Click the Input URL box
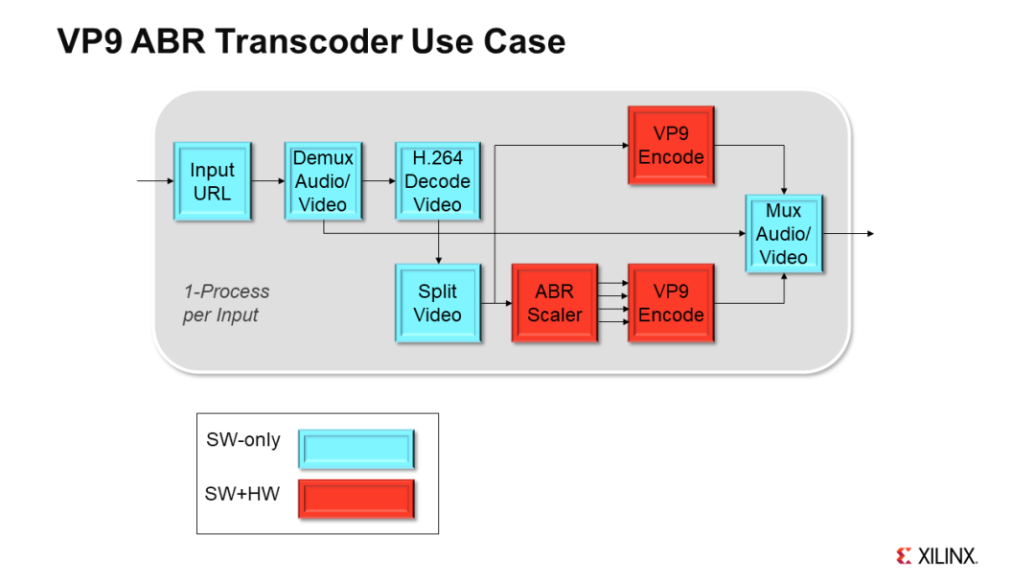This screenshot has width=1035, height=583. point(212,181)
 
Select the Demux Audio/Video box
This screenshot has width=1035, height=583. point(323,181)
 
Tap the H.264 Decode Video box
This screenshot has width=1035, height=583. point(437,181)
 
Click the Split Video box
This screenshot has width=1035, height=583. point(437,303)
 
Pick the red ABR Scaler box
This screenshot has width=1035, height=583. point(554,303)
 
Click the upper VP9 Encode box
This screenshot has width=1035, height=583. point(671,145)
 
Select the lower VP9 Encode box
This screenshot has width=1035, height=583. point(671,303)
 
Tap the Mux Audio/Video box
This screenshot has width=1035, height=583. point(784,234)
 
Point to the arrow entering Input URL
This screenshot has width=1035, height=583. point(154,180)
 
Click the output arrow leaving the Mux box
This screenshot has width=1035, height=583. point(848,234)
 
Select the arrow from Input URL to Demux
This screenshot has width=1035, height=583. point(267,180)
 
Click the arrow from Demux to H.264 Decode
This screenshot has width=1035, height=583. point(379,180)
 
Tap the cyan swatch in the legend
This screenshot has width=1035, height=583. point(356,448)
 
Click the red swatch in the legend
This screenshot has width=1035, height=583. point(356,499)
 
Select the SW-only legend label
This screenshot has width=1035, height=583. point(243,440)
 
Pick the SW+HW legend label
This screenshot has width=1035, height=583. point(242,494)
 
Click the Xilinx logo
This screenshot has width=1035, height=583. point(936,555)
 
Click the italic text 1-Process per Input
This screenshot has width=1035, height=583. point(226,303)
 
